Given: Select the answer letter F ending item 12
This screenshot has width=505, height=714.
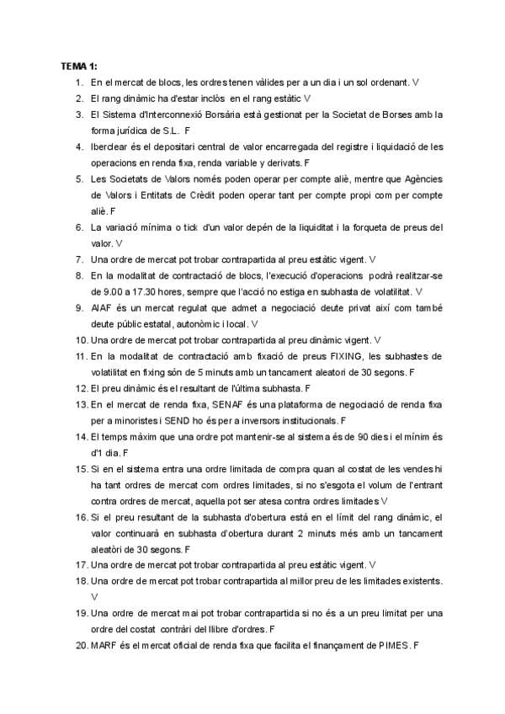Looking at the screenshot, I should pos(308,388).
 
